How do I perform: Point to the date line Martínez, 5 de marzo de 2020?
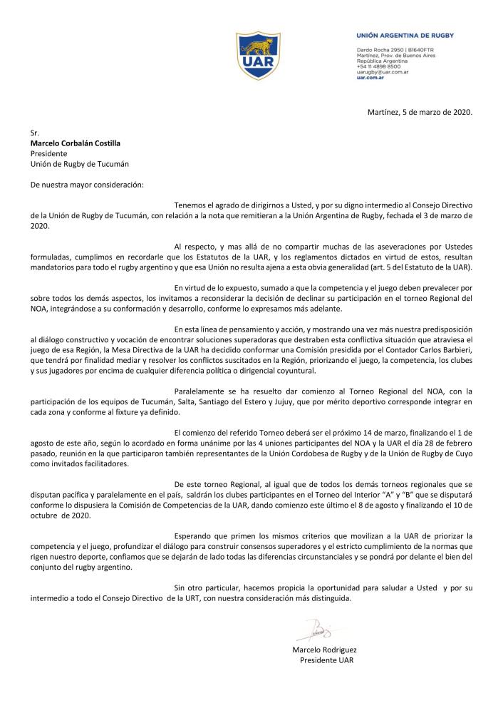pyautogui.click(x=419, y=113)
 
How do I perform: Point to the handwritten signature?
pyautogui.click(x=314, y=631)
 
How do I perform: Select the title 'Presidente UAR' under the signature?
pyautogui.click(x=327, y=660)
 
